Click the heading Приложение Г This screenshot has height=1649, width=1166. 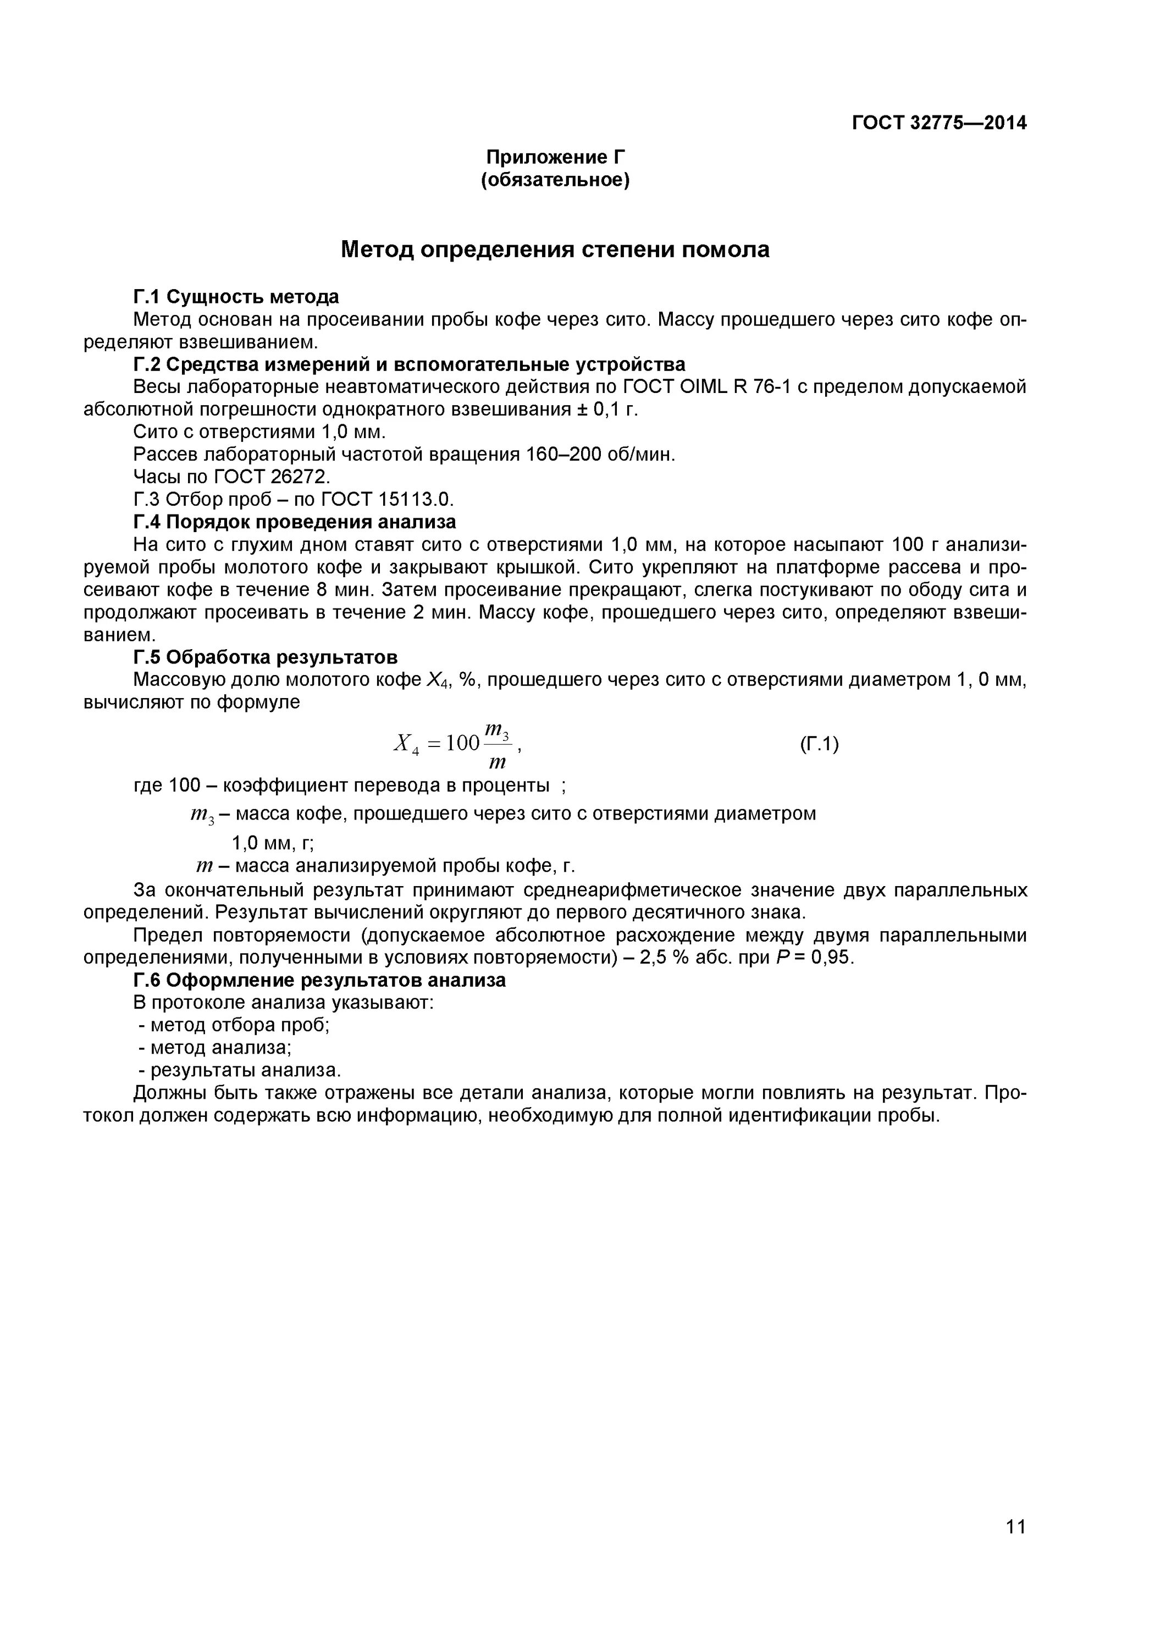pyautogui.click(x=555, y=157)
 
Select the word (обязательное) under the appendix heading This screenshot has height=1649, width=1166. pyautogui.click(x=555, y=180)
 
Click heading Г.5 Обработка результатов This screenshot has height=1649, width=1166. pyautogui.click(x=266, y=657)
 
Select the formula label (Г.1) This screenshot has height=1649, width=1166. pyautogui.click(x=819, y=744)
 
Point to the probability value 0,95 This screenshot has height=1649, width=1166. pyautogui.click(x=832, y=958)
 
